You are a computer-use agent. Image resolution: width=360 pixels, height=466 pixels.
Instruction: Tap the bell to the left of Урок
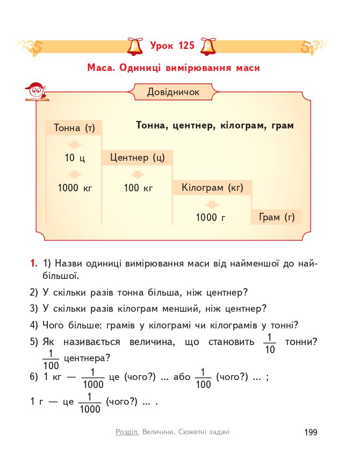click(134, 46)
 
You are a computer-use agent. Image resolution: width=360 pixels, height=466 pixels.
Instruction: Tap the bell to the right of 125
click(207, 46)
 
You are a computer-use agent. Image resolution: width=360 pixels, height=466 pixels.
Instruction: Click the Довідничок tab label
click(173, 92)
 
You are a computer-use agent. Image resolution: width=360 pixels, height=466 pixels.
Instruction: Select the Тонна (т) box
click(74, 128)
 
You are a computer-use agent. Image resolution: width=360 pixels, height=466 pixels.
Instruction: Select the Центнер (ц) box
click(137, 158)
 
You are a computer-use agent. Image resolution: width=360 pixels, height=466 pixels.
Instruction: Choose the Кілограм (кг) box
click(212, 188)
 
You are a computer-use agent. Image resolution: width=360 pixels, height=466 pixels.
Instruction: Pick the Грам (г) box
click(277, 217)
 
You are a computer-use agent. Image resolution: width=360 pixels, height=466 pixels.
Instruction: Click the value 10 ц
click(75, 159)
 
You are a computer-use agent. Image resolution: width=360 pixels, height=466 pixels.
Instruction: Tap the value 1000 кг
click(75, 188)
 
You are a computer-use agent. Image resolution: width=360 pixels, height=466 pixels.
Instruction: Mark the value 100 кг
click(139, 188)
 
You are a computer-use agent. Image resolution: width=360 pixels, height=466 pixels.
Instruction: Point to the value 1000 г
click(210, 218)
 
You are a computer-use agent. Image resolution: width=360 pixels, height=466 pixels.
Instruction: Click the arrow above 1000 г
click(212, 205)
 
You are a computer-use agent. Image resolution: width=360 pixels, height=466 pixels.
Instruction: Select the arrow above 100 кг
click(138, 175)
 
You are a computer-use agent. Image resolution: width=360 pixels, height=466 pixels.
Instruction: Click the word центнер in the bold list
click(193, 126)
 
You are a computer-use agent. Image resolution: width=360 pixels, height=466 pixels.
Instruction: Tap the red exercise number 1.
click(34, 263)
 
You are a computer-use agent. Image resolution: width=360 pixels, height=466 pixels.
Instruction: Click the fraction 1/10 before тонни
click(270, 343)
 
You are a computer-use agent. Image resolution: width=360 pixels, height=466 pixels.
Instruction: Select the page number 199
click(311, 432)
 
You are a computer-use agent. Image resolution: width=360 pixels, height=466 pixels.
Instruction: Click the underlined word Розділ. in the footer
click(127, 432)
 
